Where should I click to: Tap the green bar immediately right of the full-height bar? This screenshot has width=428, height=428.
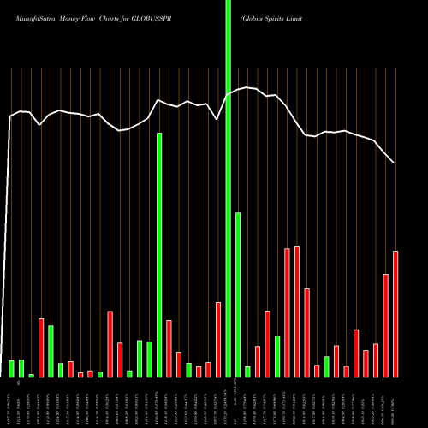tap(238, 294)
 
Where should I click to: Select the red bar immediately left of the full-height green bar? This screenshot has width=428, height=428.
tap(218, 339)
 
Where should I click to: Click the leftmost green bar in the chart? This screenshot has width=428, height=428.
tap(12, 368)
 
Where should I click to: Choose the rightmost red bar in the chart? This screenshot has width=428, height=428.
tap(395, 313)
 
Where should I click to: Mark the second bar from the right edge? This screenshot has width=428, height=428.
tap(386, 325)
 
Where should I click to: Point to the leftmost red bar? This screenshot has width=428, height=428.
tap(41, 348)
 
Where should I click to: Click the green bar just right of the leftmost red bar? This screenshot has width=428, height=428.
tap(51, 351)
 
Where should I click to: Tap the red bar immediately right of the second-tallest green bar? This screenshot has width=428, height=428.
tap(169, 348)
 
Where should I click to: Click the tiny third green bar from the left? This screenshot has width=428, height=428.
tap(32, 375)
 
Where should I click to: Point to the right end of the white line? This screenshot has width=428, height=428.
tap(395, 163)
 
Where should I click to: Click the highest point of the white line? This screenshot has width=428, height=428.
tap(247, 87)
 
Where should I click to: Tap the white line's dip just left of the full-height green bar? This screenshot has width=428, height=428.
tap(217, 119)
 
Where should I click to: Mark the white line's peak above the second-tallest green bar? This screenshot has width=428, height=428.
tap(159, 100)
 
